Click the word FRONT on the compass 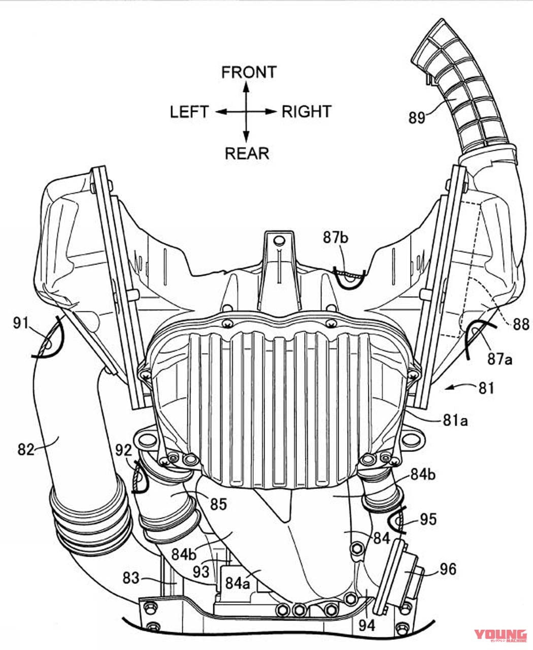[x=249, y=72]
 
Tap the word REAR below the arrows [x=247, y=153]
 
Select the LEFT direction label [x=189, y=112]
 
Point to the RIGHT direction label [x=307, y=112]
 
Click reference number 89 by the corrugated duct [x=417, y=118]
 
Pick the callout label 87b [x=336, y=238]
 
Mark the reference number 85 [x=218, y=504]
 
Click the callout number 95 [x=428, y=519]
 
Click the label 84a [x=238, y=583]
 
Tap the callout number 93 [x=201, y=571]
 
